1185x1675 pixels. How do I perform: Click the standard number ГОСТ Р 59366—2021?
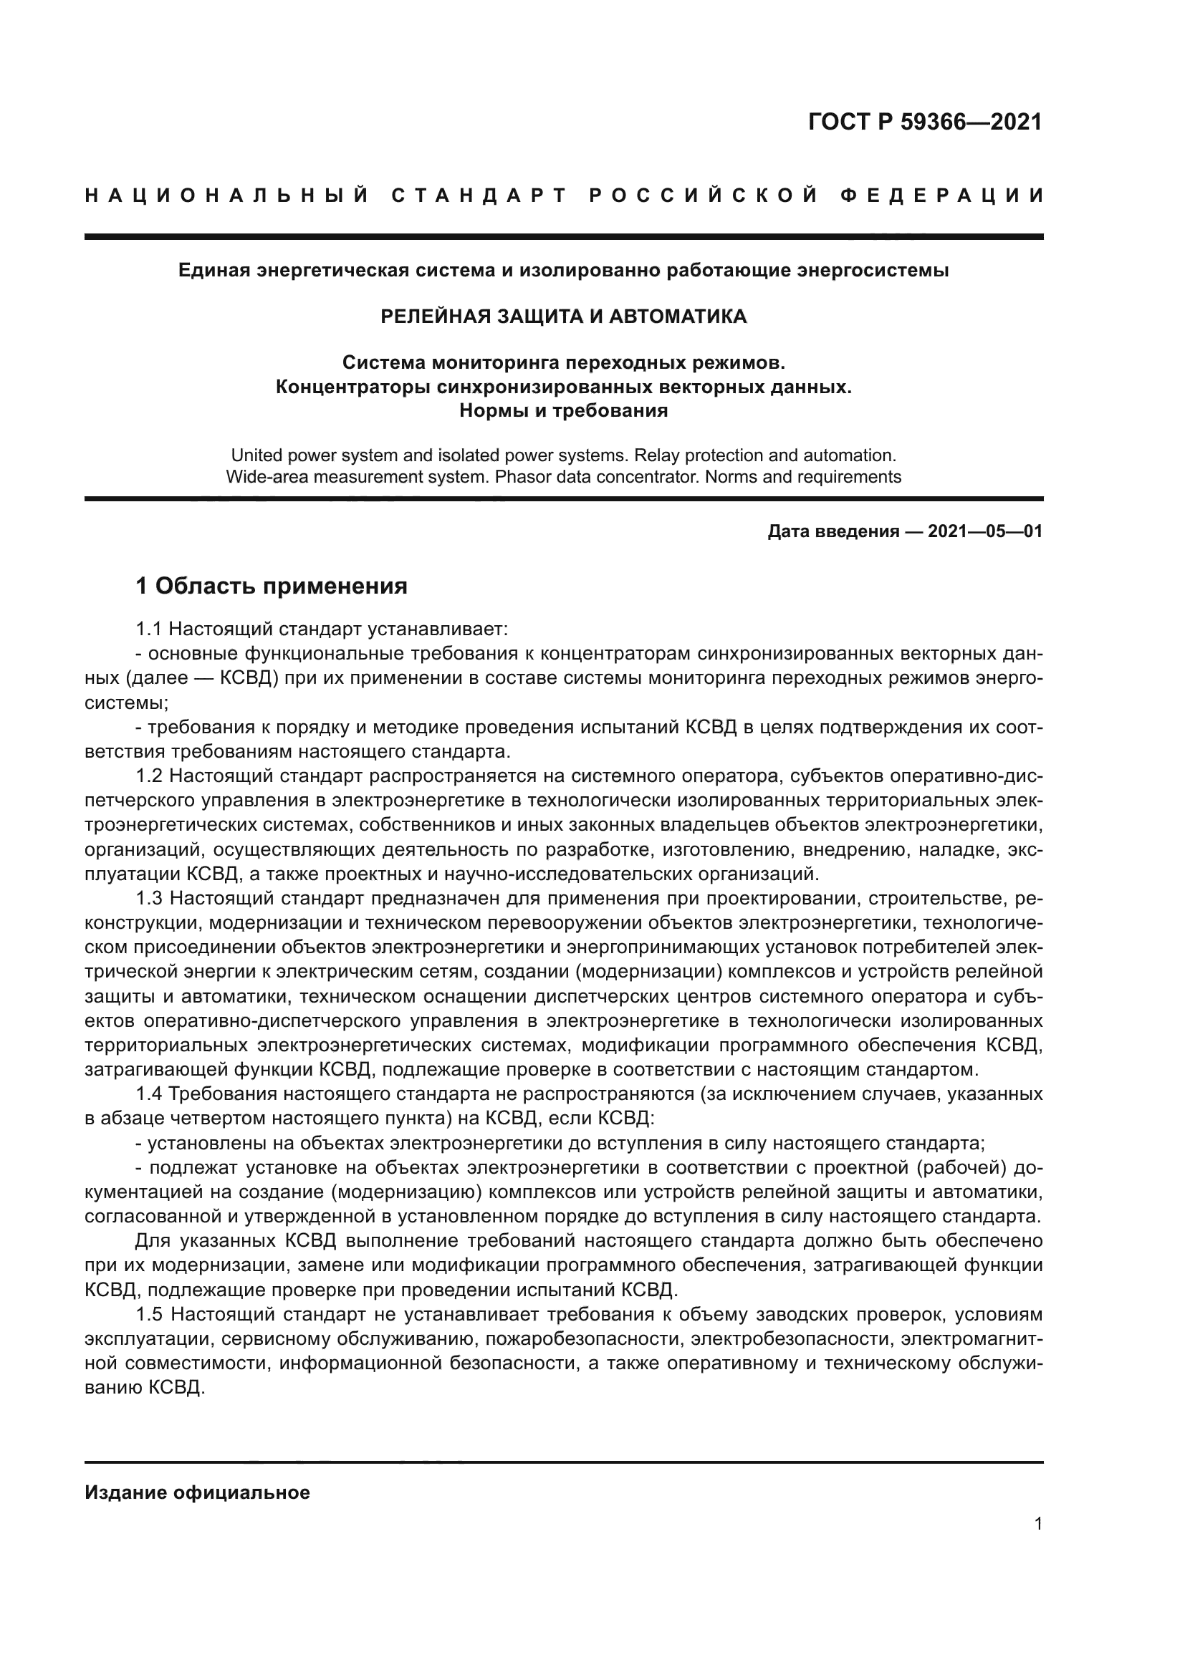click(924, 122)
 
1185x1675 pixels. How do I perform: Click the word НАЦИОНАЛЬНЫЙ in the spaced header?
click(227, 196)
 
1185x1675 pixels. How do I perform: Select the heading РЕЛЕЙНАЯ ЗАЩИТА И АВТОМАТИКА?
click(563, 316)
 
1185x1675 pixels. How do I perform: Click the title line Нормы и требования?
click(563, 410)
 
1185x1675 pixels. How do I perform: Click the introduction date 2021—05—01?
click(984, 532)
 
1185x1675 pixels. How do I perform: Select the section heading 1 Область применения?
click(272, 585)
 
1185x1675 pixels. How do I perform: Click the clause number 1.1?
click(150, 629)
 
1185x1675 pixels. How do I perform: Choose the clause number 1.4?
click(150, 1093)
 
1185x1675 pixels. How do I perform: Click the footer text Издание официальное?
click(197, 1492)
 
